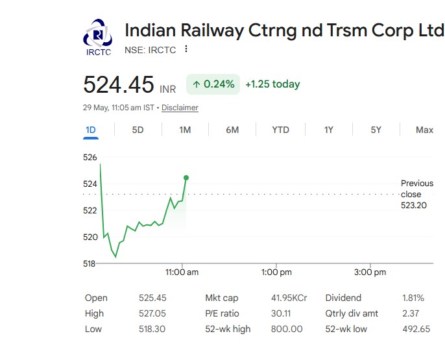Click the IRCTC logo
[x=97, y=37]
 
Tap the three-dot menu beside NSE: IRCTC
[x=186, y=49]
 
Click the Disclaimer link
[x=180, y=108]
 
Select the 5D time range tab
[x=138, y=130]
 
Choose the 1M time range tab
[x=185, y=130]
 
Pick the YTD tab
[x=280, y=130]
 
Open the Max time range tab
[x=424, y=130]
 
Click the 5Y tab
[x=376, y=130]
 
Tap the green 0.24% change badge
[x=213, y=84]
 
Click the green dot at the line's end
[x=186, y=178]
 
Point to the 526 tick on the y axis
[x=90, y=157]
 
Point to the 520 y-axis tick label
[x=90, y=237]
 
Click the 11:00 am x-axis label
[x=182, y=272]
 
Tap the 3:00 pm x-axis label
[x=370, y=272]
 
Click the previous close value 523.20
[x=414, y=206]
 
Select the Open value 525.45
[x=152, y=298]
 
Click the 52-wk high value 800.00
[x=287, y=329]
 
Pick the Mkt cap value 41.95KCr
[x=289, y=298]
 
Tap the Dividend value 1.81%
[x=413, y=298]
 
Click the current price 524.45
[x=118, y=84]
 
